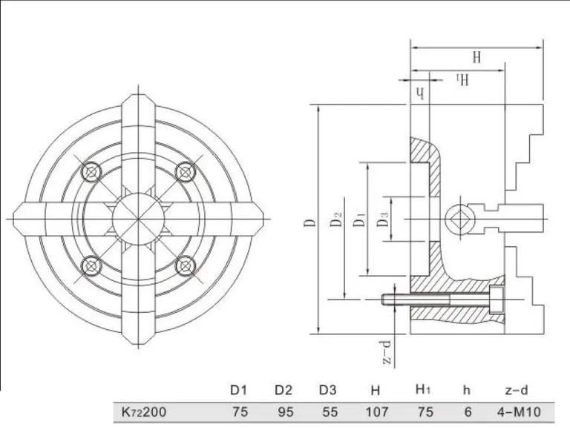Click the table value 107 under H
[376, 412]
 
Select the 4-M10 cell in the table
[519, 412]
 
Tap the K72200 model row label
[144, 412]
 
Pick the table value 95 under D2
[285, 412]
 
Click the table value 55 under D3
[330, 412]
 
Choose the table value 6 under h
[468, 412]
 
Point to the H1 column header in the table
[423, 390]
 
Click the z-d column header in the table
[517, 390]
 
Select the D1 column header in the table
[239, 390]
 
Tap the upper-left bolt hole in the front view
[91, 172]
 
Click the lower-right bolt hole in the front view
[186, 266]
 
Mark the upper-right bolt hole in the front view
[186, 172]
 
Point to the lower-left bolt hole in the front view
[91, 266]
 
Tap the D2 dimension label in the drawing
[337, 219]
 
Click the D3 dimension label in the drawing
[383, 219]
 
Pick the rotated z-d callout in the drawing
[387, 352]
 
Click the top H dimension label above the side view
[476, 57]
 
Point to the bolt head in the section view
[497, 300]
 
